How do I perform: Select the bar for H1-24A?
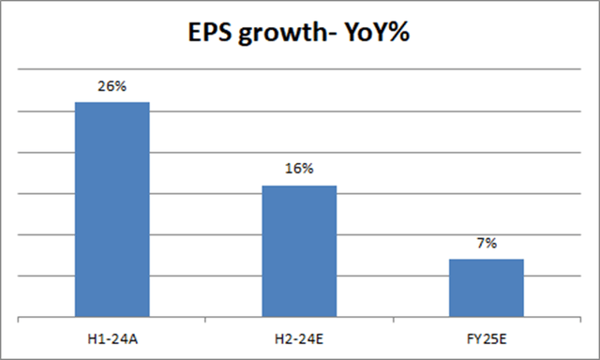click(112, 211)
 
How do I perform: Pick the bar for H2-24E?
click(299, 253)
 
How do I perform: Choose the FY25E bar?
click(486, 289)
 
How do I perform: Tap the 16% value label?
click(299, 171)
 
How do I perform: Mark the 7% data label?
click(486, 244)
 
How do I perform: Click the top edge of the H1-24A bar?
click(112, 102)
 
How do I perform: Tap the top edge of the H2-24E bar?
click(299, 186)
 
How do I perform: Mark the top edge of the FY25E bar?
click(486, 260)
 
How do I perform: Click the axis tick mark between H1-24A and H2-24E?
click(205, 322)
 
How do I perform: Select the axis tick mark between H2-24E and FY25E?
click(393, 322)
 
